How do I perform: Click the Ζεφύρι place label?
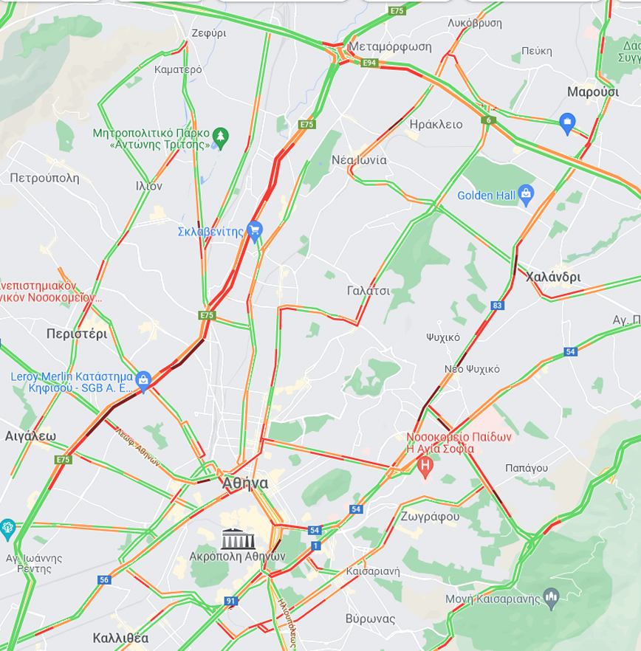coord(208,33)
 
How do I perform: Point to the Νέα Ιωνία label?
coord(360,159)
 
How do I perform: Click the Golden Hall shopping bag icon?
coord(526,195)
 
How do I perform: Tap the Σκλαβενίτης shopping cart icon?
coord(255,231)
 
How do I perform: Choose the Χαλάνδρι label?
coord(553,277)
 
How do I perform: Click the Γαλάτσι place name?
coord(368,291)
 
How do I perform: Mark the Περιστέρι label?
coord(76,333)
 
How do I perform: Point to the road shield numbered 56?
coord(103,580)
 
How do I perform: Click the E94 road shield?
coord(370,64)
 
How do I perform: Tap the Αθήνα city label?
coord(245,483)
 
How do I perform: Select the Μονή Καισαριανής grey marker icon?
coord(550,595)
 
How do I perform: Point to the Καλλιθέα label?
coord(121,637)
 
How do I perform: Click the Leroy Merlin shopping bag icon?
coord(144,380)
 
